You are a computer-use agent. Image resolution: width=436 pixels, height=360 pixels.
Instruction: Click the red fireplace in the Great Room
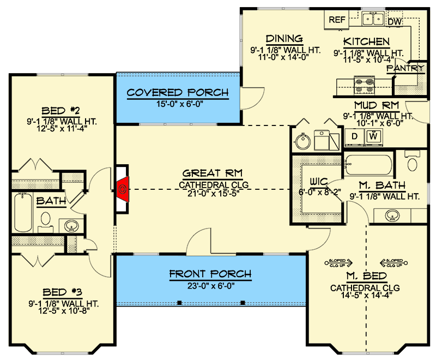[123, 189]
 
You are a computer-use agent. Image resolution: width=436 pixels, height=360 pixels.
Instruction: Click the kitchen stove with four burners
[365, 85]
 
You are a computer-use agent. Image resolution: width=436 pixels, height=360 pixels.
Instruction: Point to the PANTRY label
[405, 68]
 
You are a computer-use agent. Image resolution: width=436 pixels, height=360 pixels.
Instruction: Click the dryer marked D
[354, 135]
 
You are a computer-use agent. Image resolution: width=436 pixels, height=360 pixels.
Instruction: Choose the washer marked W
[373, 135]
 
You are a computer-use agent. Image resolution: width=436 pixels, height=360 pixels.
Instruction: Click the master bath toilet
[413, 163]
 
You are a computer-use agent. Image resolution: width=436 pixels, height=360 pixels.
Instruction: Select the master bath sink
[392, 217]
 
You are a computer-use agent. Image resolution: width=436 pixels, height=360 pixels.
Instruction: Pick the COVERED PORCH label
[178, 92]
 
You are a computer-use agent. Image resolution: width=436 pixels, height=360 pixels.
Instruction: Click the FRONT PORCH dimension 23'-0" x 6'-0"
[210, 285]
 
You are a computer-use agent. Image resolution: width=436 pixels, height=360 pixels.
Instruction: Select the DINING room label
[284, 39]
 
